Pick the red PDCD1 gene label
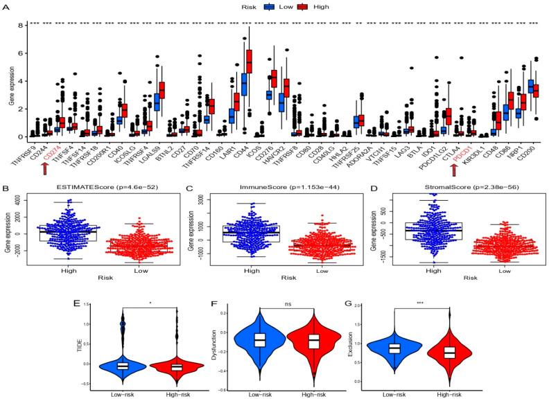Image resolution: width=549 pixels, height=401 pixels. click(458, 150)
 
